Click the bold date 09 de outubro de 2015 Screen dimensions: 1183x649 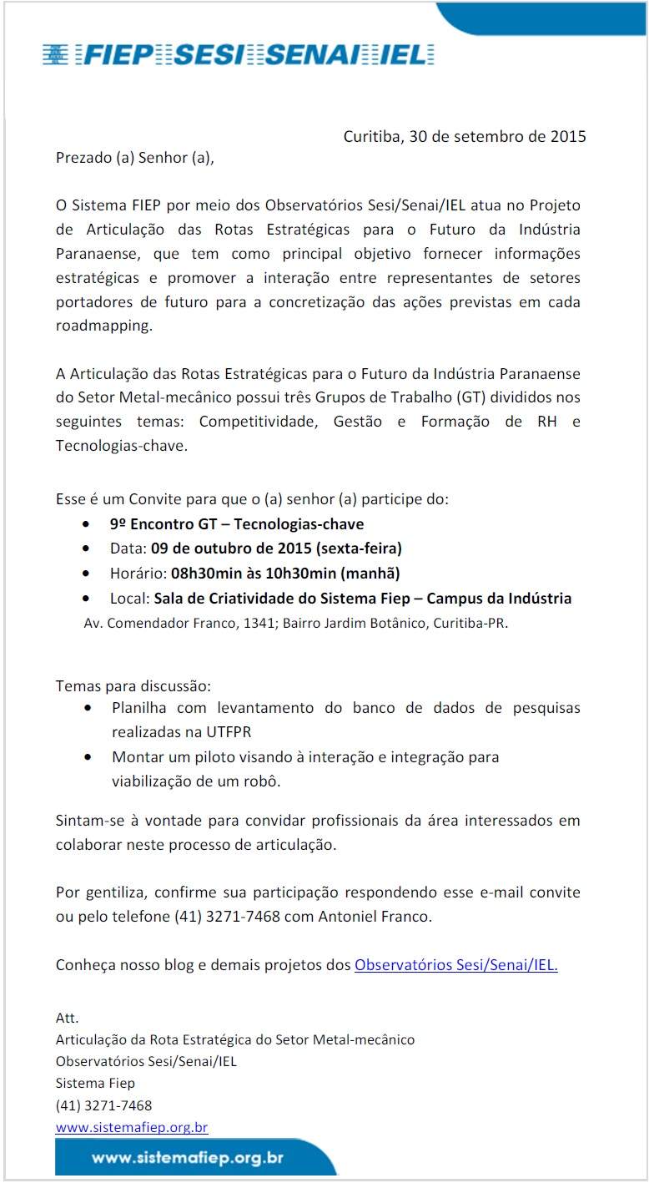click(x=230, y=549)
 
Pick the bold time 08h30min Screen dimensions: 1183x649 click(x=204, y=574)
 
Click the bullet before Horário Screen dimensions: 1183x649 click(x=88, y=574)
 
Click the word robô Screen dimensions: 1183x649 click(x=264, y=782)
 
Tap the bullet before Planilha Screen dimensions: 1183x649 click(x=88, y=708)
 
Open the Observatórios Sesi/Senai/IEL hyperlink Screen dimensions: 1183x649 click(x=455, y=965)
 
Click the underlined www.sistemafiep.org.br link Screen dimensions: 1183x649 click(x=132, y=1127)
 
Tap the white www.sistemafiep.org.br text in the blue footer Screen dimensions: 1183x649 click(x=188, y=1158)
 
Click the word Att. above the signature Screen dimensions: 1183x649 click(x=67, y=1018)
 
